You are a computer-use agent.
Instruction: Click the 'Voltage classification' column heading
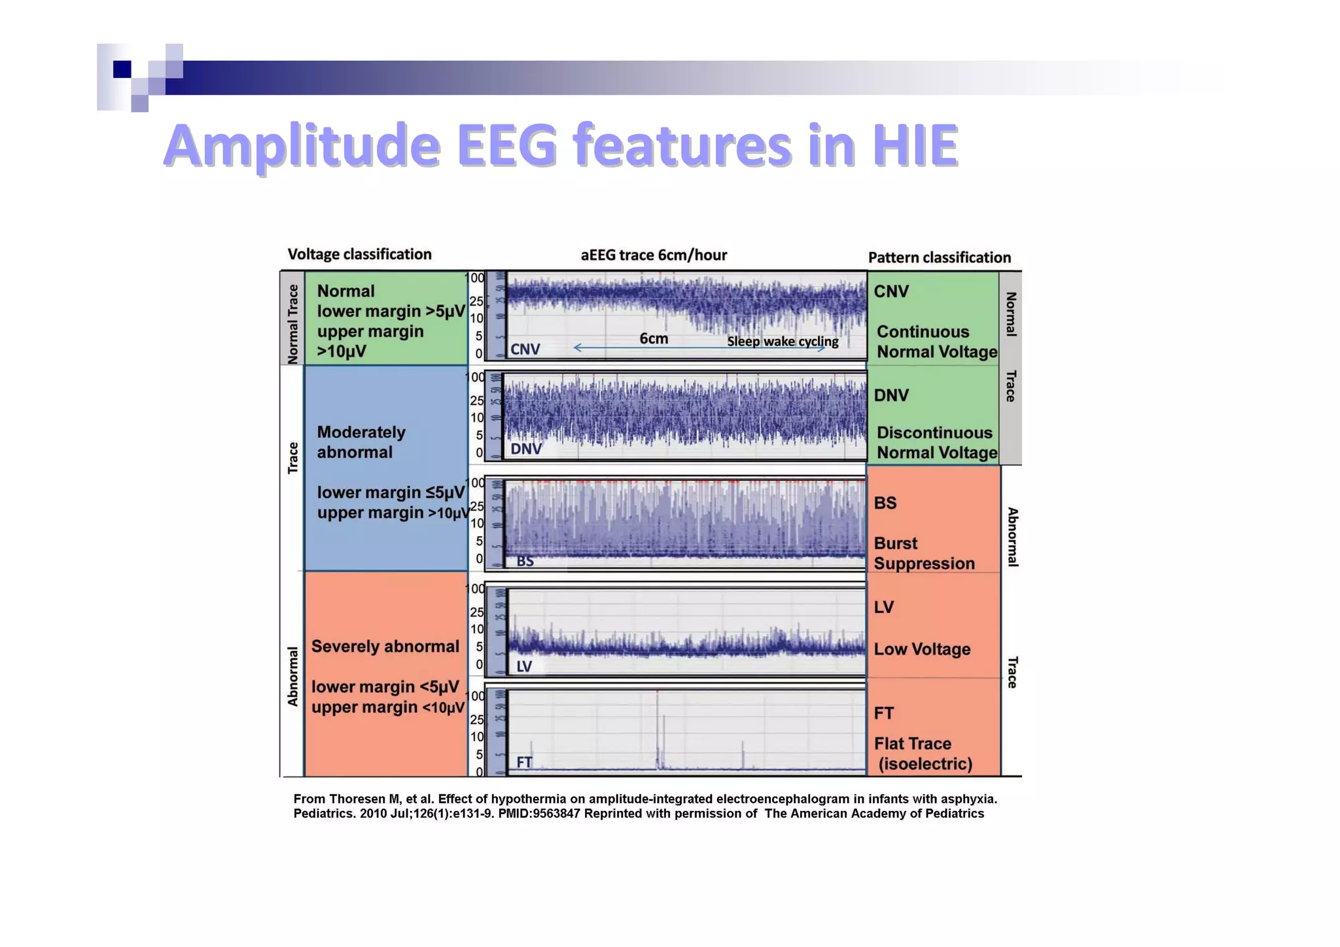coord(359,255)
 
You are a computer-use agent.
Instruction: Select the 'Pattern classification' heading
coord(939,258)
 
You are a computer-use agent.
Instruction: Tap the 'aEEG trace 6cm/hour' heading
coord(654,255)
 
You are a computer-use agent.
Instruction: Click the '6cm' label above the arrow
coord(654,338)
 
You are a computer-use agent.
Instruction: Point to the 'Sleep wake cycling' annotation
coord(783,342)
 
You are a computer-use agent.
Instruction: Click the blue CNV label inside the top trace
coord(525,349)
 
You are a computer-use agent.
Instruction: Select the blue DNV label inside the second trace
coord(526,449)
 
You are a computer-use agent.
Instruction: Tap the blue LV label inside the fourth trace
coord(524,666)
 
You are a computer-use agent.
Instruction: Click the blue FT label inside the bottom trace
coord(524,762)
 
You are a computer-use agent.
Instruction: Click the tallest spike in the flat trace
coord(657,726)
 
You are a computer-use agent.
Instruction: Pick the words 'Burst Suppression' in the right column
coord(924,554)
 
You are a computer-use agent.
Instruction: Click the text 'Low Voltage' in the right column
coord(922,649)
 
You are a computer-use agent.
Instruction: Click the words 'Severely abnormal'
coord(385,647)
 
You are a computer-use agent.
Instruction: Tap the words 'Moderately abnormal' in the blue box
coord(361,442)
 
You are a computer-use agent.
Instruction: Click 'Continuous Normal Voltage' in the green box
coord(936,342)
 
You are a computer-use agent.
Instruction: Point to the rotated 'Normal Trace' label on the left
coord(292,324)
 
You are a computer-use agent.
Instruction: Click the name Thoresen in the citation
coord(359,799)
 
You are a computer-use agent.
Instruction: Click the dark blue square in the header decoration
coord(122,69)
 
